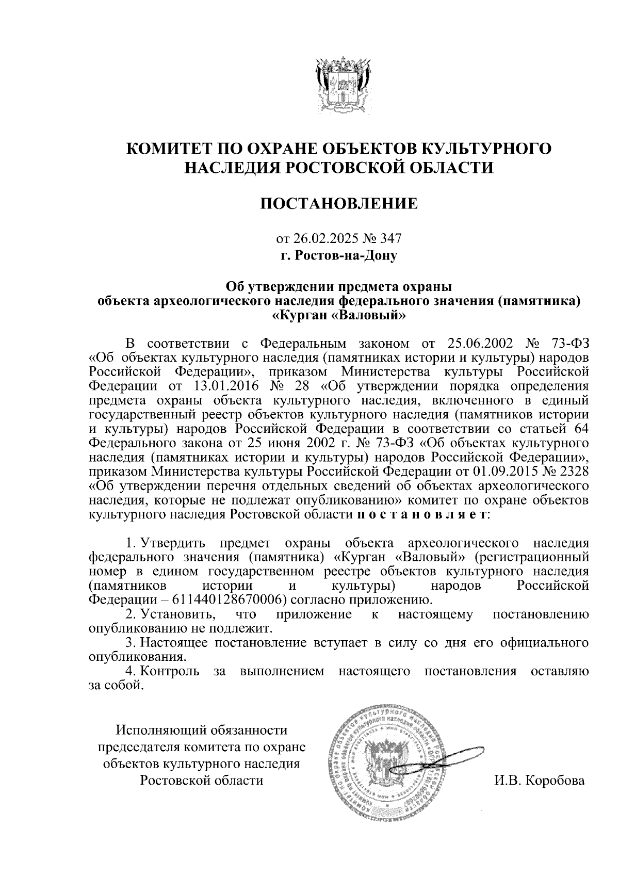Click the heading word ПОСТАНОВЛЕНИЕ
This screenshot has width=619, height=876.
(x=338, y=203)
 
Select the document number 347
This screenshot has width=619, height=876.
(x=390, y=239)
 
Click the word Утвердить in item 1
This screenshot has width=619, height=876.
(x=173, y=543)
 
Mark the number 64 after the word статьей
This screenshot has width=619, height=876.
(x=579, y=429)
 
